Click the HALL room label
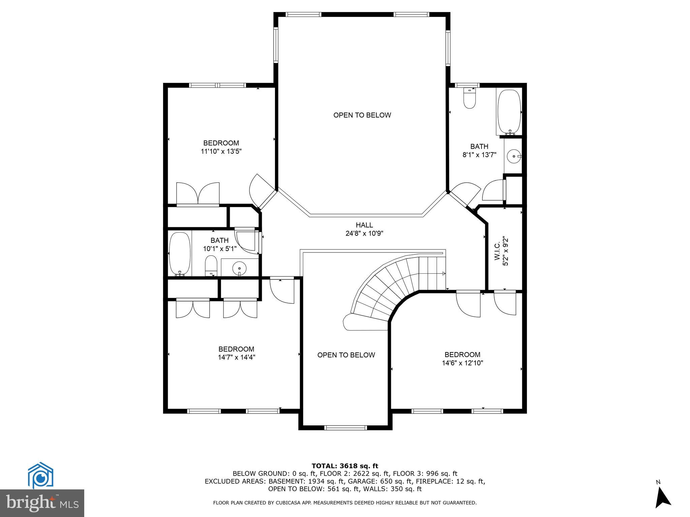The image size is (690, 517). [364, 225]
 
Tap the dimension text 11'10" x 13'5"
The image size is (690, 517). [221, 151]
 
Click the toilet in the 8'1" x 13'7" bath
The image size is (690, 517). [469, 99]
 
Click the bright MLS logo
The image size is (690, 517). [42, 503]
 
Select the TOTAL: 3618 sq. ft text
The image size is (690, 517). [345, 466]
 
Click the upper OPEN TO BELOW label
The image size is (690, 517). [362, 115]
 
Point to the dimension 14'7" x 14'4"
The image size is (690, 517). [236, 357]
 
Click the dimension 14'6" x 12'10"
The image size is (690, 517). [462, 363]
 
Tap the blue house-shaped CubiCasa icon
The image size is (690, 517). [40, 475]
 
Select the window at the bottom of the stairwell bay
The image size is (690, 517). [345, 428]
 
